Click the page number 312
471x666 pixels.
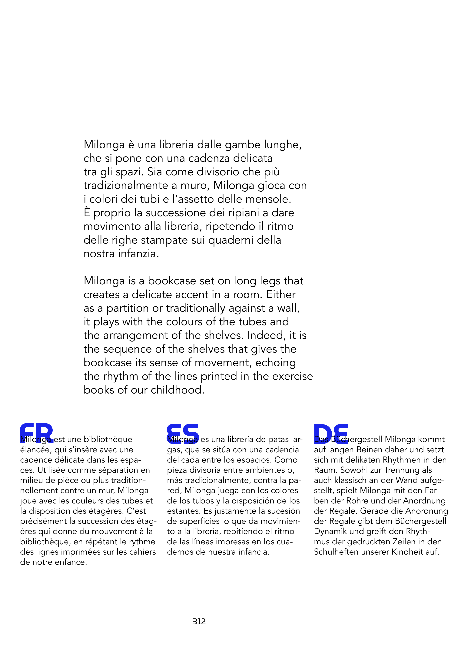tap(199, 621)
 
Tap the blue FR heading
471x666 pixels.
tap(37, 433)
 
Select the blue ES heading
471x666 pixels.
tap(183, 433)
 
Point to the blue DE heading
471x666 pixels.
tap(331, 433)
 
